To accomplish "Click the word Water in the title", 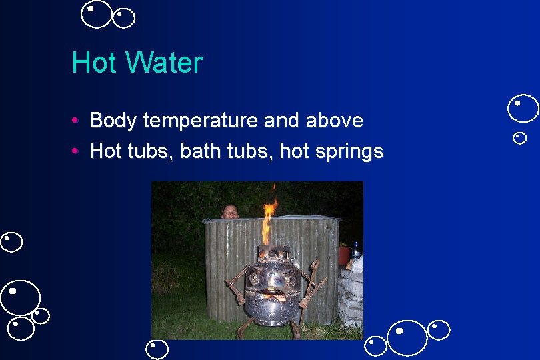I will [x=164, y=63].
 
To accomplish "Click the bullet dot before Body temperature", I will [x=78, y=121].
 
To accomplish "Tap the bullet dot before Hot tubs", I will [x=78, y=151].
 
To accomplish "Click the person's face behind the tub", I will [x=230, y=211].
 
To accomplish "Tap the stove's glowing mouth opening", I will [x=272, y=294].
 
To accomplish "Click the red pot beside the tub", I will [x=344, y=254].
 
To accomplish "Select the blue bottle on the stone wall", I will [x=356, y=251].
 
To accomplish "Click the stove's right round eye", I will [x=289, y=279].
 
